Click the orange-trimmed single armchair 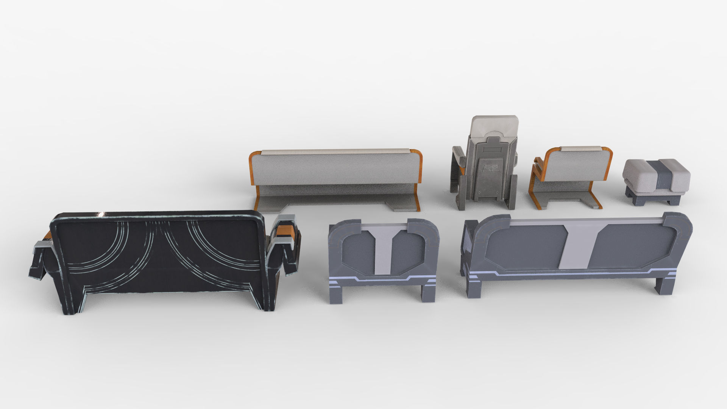tap(572, 176)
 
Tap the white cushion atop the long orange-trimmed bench tap(335, 151)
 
